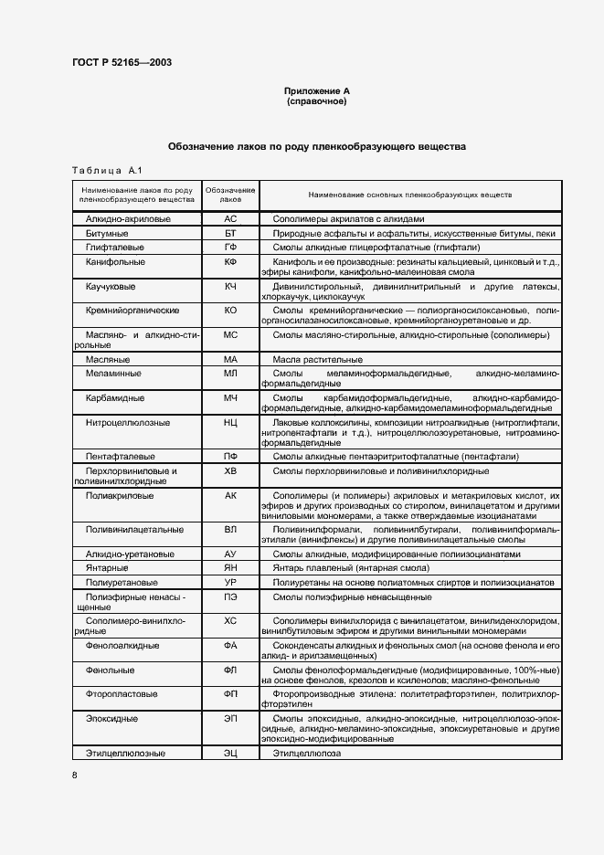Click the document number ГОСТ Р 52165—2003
pos(122,63)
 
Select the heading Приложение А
pos(316,91)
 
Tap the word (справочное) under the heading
pos(316,101)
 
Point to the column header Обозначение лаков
pos(230,194)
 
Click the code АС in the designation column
pos(230,219)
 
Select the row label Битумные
pos(108,234)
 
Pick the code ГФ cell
pos(230,248)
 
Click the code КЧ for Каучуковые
pos(230,287)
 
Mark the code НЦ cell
pos(230,424)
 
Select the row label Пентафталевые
pos(120,456)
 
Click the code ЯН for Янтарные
pos(230,568)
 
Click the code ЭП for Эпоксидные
pos(230,719)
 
